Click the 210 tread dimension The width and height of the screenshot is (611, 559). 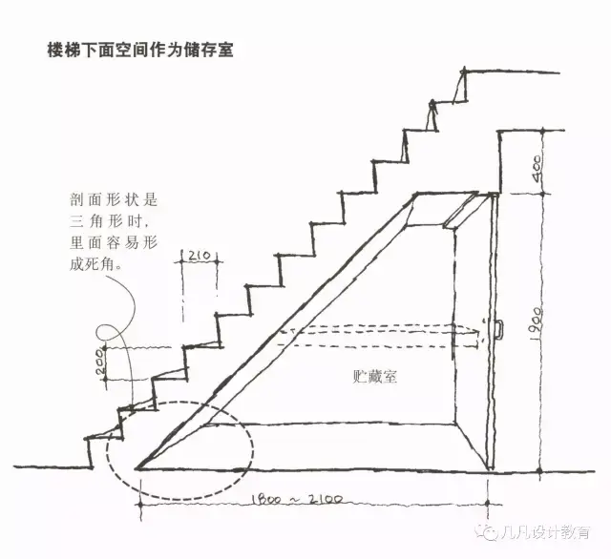click(199, 255)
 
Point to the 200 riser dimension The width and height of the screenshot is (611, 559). click(101, 362)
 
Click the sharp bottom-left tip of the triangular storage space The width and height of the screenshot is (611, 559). click(139, 468)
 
